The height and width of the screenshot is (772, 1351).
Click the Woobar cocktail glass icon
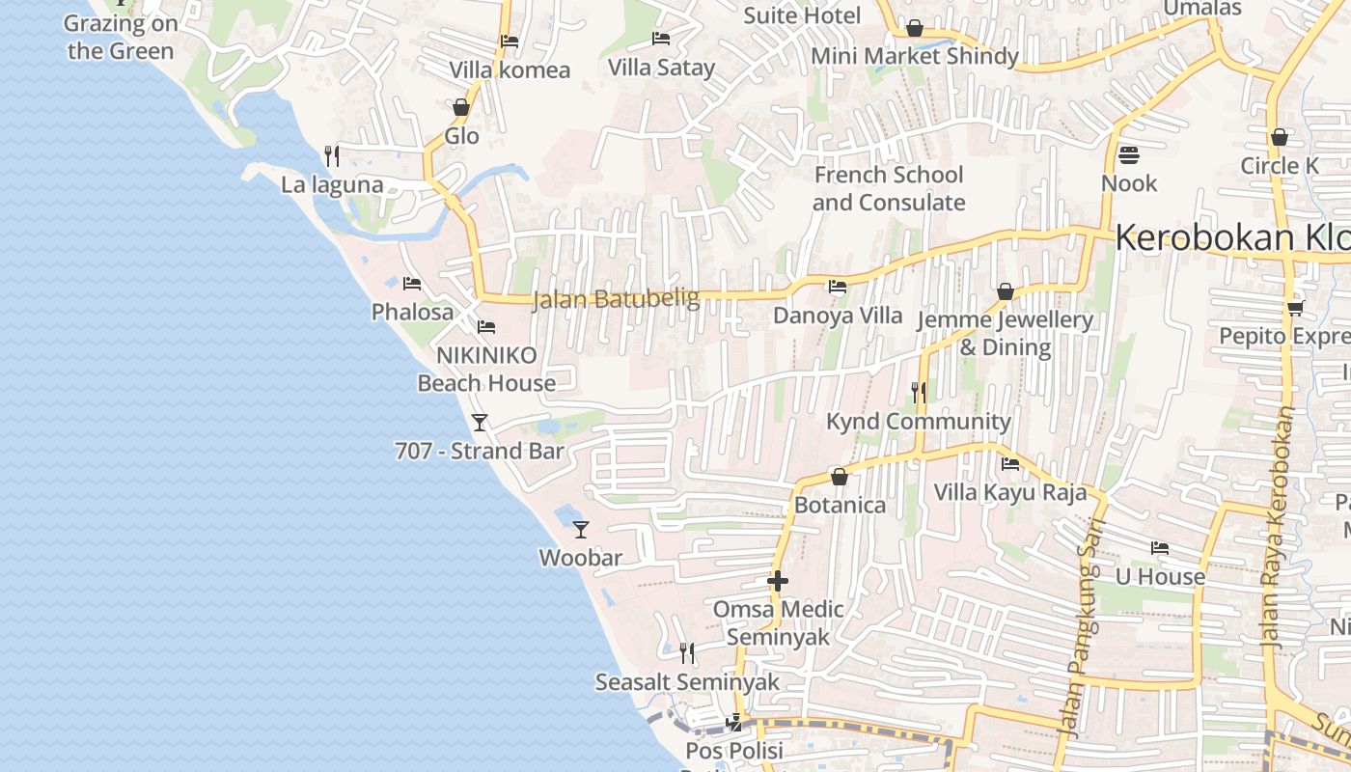pos(581,529)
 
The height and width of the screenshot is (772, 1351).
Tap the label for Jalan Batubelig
pos(616,299)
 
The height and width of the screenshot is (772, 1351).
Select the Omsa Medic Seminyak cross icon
pos(778,581)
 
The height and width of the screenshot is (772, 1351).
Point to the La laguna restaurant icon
pos(332,156)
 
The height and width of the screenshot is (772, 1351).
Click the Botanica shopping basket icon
pos(840,477)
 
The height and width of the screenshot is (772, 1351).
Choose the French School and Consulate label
pos(889,188)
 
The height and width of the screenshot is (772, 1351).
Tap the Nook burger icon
pos(1128,155)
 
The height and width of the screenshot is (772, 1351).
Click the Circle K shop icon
pos(1280,137)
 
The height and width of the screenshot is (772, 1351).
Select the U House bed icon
pos(1160,548)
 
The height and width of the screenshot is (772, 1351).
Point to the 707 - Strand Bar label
pos(480,451)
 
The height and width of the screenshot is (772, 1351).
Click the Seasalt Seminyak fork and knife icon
pos(687,653)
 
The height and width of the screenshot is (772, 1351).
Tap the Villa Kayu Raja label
pos(1010,492)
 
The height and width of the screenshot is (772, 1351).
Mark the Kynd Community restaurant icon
pos(919,393)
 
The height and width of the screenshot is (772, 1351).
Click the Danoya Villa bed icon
pos(838,287)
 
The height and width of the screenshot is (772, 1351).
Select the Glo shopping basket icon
pos(461,107)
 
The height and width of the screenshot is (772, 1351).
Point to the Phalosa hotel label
pos(412,312)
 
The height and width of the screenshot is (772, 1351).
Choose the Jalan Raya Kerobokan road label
pos(1275,526)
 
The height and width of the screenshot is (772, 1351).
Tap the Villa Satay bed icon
pos(661,39)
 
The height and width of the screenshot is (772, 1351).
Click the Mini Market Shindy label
pos(915,56)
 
